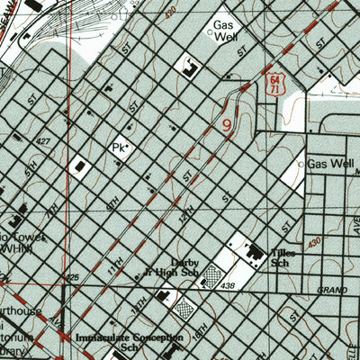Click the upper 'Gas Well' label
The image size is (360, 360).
[225, 31]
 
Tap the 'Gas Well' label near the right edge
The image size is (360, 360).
[330, 165]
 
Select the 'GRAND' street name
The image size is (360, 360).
[332, 290]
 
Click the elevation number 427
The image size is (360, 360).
[41, 141]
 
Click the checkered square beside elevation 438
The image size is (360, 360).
[212, 274]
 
